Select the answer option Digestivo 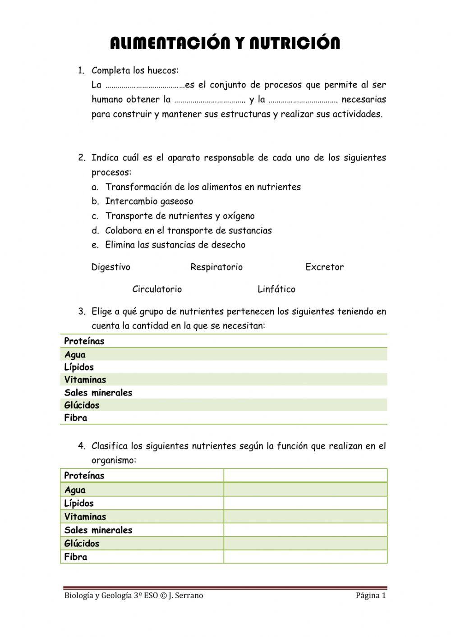pyautogui.click(x=110, y=267)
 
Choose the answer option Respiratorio pyautogui.click(x=216, y=267)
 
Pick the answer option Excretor pyautogui.click(x=324, y=267)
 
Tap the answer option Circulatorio pyautogui.click(x=157, y=289)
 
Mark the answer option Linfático pyautogui.click(x=276, y=289)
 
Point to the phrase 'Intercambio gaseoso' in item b pyautogui.click(x=149, y=202)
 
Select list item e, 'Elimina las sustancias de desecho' pyautogui.click(x=175, y=245)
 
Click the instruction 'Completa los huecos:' pyautogui.click(x=135, y=70)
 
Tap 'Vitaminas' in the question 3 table pyautogui.click(x=85, y=380)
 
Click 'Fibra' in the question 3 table pyautogui.click(x=75, y=418)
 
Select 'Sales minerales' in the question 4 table pyautogui.click(x=98, y=530)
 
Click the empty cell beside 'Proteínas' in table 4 pyautogui.click(x=305, y=476)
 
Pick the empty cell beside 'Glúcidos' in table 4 pyautogui.click(x=305, y=543)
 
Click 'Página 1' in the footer pyautogui.click(x=371, y=596)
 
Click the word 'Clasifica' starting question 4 pyautogui.click(x=110, y=446)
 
